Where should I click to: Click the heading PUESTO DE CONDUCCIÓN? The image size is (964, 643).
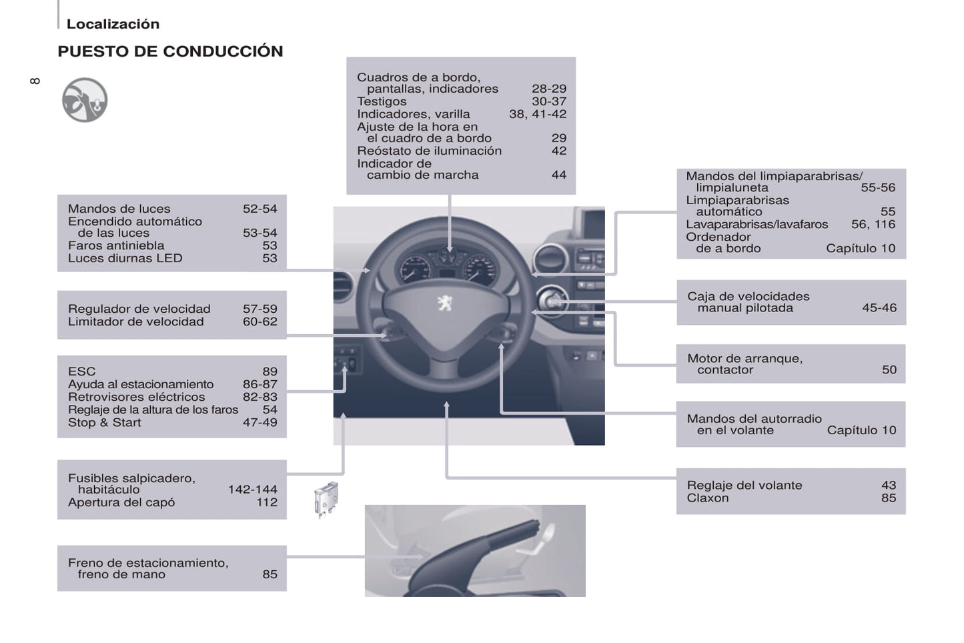[x=170, y=51]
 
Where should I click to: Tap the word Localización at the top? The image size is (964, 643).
[x=113, y=23]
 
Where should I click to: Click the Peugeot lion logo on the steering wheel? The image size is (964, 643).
[x=445, y=303]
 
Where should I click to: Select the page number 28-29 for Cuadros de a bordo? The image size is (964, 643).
[x=548, y=89]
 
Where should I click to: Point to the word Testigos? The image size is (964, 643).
[x=382, y=101]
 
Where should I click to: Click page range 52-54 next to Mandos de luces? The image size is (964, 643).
[x=260, y=209]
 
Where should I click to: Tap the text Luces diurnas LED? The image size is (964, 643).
[x=125, y=258]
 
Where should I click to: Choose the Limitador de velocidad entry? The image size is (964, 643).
[x=136, y=321]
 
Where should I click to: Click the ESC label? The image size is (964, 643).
[x=82, y=372]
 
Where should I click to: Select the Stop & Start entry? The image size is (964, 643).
[x=105, y=422]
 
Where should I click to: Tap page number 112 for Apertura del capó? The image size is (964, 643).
[x=267, y=502]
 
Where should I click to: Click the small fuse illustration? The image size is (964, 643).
[x=326, y=500]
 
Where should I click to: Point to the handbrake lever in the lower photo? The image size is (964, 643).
[x=474, y=555]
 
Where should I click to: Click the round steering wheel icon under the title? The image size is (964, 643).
[x=85, y=100]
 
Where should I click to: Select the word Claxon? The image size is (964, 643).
[x=708, y=498]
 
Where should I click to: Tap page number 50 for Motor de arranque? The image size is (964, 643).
[x=889, y=370]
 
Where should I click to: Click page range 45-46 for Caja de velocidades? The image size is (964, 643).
[x=879, y=307]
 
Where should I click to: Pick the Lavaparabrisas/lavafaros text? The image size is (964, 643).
[x=757, y=224]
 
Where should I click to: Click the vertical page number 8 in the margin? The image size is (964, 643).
[x=35, y=81]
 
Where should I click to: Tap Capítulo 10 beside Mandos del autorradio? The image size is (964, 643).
[x=861, y=430]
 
